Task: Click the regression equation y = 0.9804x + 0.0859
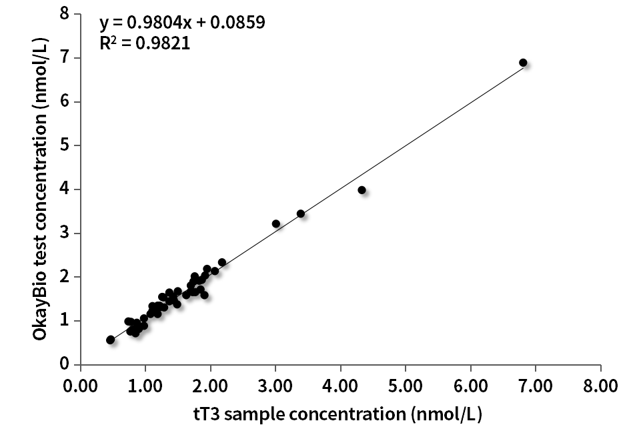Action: click(x=183, y=23)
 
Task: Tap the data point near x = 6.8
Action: click(x=523, y=63)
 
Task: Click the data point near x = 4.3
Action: click(x=362, y=190)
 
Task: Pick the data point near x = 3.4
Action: click(x=301, y=213)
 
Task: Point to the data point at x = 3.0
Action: click(x=276, y=224)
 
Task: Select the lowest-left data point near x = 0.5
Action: click(x=110, y=340)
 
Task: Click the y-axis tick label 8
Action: click(x=64, y=14)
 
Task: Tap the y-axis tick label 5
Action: click(x=64, y=145)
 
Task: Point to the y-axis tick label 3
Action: click(x=64, y=234)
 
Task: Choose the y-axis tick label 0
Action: click(x=64, y=365)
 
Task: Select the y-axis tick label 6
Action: click(x=64, y=102)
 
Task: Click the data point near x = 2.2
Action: click(x=222, y=262)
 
